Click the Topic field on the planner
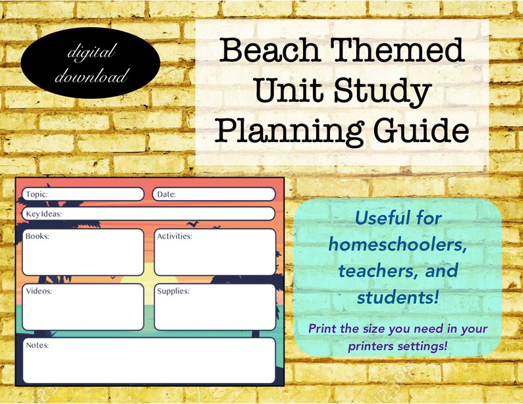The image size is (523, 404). pos(83,194)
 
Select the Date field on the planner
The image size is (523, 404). pos(213,194)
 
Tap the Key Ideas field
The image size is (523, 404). pos(148,214)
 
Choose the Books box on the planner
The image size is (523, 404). pos(83,252)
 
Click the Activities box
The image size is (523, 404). pos(214,252)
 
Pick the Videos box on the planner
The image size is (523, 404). pos(83,307)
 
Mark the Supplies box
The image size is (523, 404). pos(214,307)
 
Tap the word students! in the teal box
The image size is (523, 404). pos(398,297)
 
